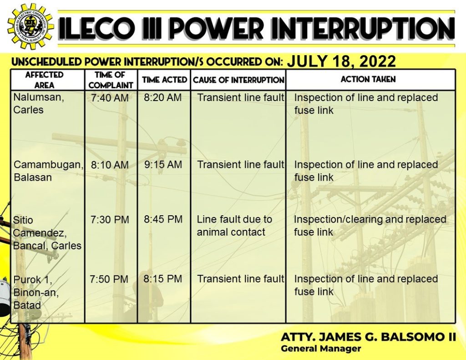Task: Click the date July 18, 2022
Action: tap(341, 61)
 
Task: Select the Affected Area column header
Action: tap(44, 80)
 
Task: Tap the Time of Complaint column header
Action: tap(111, 80)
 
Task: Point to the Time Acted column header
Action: tap(164, 80)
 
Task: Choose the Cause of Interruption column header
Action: tap(238, 80)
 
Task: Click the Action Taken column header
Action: tap(368, 79)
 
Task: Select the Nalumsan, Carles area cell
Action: tap(39, 103)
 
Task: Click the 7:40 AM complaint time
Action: tap(110, 98)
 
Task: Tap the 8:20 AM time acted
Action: tap(162, 97)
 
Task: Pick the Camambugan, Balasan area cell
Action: tap(48, 171)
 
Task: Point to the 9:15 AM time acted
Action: tap(163, 164)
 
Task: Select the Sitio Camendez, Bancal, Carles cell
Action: tap(47, 233)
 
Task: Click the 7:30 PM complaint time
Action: tap(110, 220)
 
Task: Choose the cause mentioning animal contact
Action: tap(234, 226)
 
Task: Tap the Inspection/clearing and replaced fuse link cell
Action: tap(370, 226)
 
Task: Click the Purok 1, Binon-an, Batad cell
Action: tap(36, 293)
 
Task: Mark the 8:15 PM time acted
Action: tap(162, 279)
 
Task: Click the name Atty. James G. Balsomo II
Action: tap(368, 337)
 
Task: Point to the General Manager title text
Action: tap(321, 349)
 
